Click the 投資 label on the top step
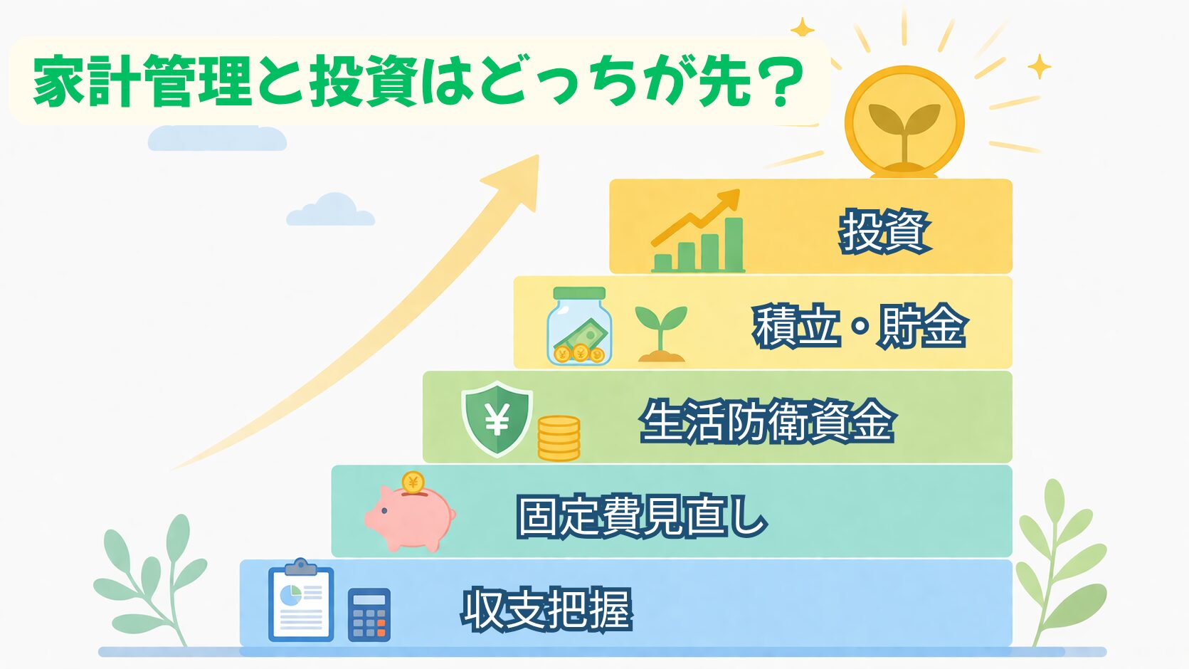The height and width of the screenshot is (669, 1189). pos(884,232)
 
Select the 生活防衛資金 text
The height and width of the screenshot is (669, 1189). pos(768,421)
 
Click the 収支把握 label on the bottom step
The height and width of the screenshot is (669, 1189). pos(547,609)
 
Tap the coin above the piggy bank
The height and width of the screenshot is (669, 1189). pos(413,483)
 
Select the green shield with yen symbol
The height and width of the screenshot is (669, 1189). pos(497,419)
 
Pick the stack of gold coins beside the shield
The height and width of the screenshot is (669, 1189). pos(559,438)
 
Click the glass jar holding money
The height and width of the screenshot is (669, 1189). pos(579,326)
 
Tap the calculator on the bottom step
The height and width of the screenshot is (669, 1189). pos(369,614)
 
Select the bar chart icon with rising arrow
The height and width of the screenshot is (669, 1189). pos(697,231)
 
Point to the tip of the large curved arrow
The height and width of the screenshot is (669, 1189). pos(538,155)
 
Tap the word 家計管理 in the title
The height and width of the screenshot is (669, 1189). pos(142,81)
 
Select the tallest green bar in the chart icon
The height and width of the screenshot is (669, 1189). pos(734,244)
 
